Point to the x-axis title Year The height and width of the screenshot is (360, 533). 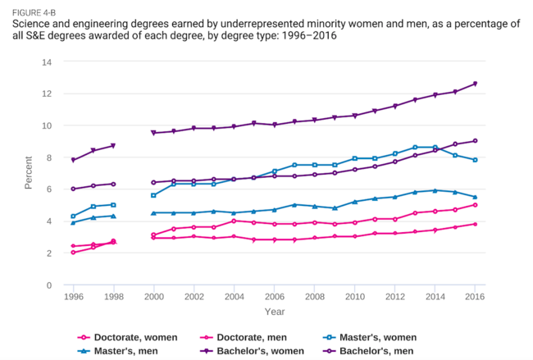275,312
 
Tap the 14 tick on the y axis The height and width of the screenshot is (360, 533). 47,62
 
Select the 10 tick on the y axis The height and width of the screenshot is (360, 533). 47,125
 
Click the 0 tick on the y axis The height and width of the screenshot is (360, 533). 49,285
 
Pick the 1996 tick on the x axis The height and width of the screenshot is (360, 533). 73,297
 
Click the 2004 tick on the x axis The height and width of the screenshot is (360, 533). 234,297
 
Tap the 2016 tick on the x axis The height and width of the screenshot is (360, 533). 475,297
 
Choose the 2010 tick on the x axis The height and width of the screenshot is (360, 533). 354,297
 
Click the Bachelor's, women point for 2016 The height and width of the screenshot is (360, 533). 475,84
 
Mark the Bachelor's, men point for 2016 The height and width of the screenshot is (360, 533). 475,141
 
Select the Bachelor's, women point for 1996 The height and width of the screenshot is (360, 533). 73,160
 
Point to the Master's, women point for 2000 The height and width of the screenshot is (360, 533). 153,195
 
